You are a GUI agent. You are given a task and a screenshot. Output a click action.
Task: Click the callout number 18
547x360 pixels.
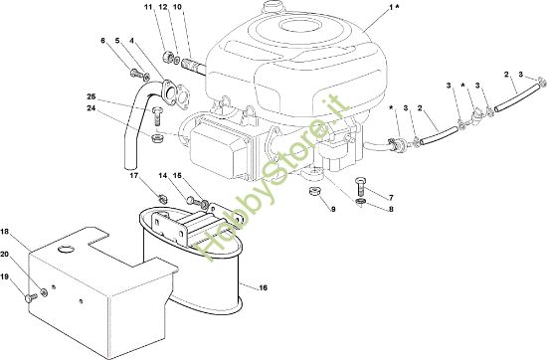pyautogui.click(x=5, y=231)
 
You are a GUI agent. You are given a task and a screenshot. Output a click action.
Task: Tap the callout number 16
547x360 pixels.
pyautogui.click(x=263, y=287)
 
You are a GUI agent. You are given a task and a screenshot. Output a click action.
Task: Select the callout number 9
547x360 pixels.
pyautogui.click(x=333, y=209)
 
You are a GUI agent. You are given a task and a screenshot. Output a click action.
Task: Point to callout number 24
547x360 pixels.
pyautogui.click(x=91, y=108)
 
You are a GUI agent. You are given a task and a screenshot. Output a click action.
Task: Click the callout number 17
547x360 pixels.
pyautogui.click(x=134, y=175)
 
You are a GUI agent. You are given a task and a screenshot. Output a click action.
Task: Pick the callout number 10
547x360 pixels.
pyautogui.click(x=177, y=7)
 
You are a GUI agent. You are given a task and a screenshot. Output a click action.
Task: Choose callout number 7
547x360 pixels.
pyautogui.click(x=391, y=198)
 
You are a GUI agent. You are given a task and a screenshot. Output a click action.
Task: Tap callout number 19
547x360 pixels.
pyautogui.click(x=5, y=276)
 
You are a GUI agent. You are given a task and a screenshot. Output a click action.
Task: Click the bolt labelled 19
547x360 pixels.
pyautogui.click(x=31, y=298)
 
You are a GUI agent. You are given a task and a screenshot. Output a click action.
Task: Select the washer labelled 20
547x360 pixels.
pyautogui.click(x=44, y=292)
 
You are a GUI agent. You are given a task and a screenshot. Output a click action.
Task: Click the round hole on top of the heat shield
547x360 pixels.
pyautogui.click(x=66, y=249)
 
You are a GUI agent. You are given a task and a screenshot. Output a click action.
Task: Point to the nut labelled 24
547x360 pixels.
pyautogui.click(x=156, y=138)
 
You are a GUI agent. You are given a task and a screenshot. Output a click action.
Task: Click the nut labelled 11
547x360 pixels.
pyautogui.click(x=167, y=56)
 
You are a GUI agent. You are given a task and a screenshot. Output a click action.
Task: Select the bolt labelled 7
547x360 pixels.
pyautogui.click(x=361, y=187)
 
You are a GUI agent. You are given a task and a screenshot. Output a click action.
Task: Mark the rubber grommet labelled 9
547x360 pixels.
pyautogui.click(x=315, y=192)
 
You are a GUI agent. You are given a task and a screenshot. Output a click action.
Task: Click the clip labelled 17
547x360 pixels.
pyautogui.click(x=162, y=199)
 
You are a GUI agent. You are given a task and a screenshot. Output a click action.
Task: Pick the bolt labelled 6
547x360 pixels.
pyautogui.click(x=135, y=74)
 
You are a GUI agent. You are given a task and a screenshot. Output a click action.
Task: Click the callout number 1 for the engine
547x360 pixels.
pyautogui.click(x=391, y=7)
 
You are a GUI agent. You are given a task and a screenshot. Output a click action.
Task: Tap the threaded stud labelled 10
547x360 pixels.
pyautogui.click(x=194, y=66)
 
